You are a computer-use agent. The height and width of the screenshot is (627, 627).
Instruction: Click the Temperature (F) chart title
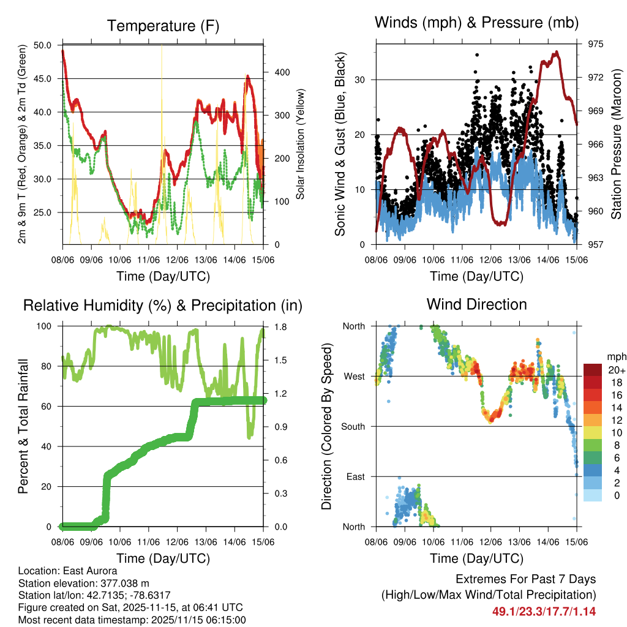(x=162, y=26)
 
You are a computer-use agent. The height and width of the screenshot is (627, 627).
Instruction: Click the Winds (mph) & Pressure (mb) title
(x=476, y=23)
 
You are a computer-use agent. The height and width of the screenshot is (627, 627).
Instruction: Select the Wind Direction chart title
(x=476, y=304)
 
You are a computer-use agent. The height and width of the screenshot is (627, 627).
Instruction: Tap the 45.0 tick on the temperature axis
(x=43, y=78)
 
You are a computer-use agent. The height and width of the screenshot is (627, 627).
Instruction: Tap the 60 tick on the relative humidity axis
(x=50, y=406)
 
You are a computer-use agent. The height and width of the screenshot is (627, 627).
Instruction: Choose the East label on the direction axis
(x=355, y=476)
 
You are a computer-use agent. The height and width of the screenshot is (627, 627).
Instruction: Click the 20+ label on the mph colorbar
(x=615, y=369)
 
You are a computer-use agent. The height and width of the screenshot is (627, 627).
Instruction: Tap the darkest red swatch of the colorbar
(x=592, y=369)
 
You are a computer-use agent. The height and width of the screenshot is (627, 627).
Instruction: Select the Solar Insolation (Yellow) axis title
(x=301, y=144)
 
